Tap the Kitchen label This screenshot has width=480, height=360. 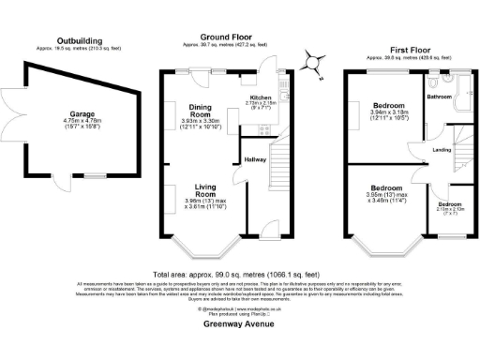260,97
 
